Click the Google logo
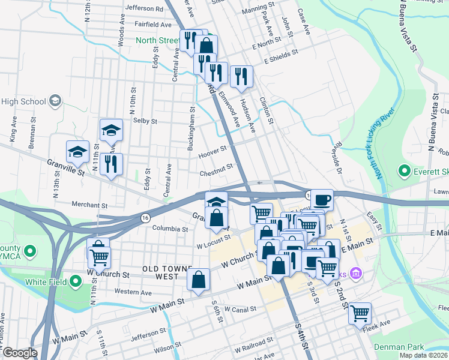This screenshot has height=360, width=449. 20,353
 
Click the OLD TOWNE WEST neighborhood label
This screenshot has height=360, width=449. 160,272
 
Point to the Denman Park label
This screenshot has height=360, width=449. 399,347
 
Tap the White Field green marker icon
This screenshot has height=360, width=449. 76,281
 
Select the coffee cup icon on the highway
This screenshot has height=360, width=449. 322,199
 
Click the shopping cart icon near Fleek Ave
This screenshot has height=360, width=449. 360,313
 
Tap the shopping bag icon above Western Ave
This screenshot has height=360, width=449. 198,279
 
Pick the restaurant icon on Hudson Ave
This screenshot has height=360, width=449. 241,76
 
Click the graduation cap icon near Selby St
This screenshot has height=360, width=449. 111,129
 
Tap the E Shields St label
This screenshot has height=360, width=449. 281,57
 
